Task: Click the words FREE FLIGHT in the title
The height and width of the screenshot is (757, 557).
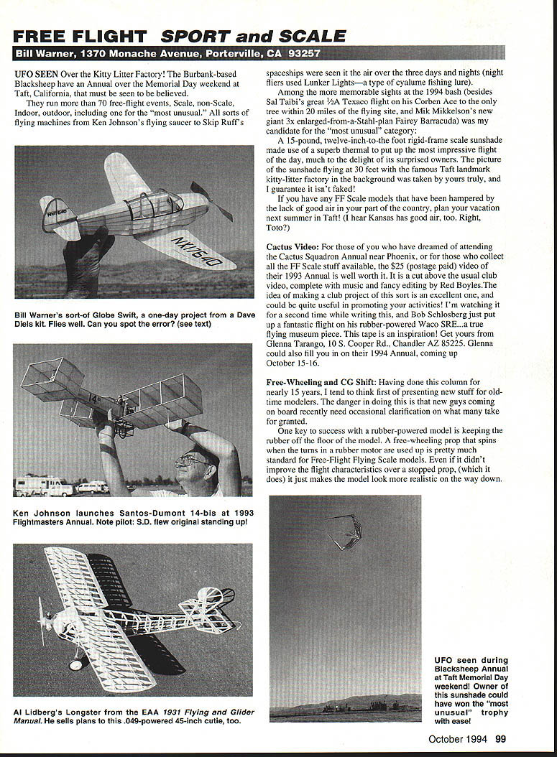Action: (80, 37)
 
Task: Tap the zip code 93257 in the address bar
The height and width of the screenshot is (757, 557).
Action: (303, 54)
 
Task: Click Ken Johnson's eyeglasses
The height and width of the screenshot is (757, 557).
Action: (190, 460)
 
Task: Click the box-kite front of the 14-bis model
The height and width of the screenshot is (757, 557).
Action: (52, 381)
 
